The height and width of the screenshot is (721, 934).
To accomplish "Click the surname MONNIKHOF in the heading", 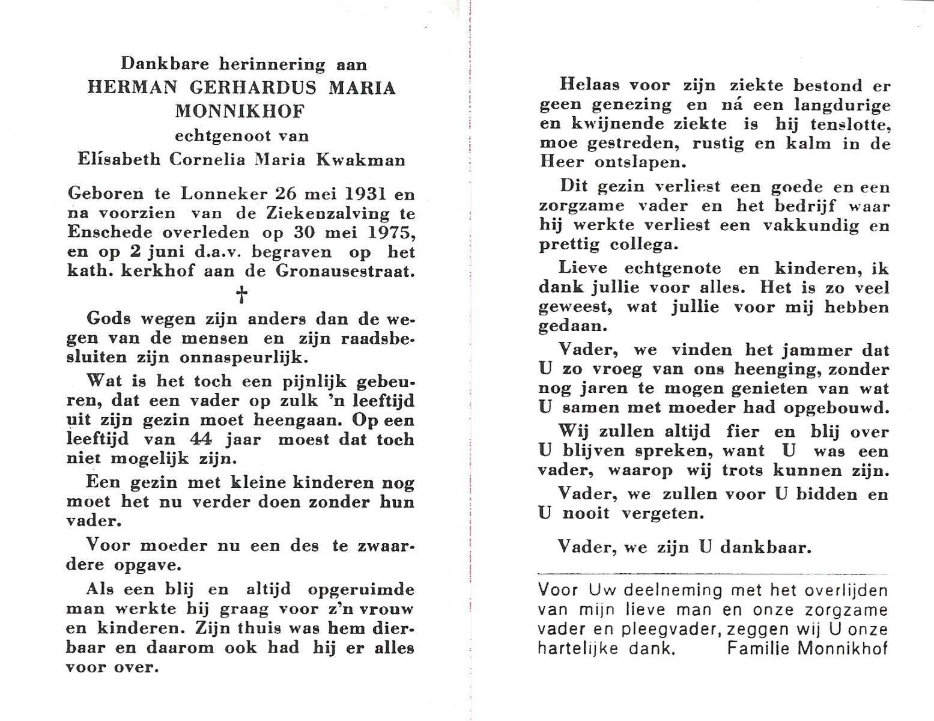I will click(x=240, y=111).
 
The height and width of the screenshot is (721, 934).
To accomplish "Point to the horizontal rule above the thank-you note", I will click(x=713, y=574).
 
